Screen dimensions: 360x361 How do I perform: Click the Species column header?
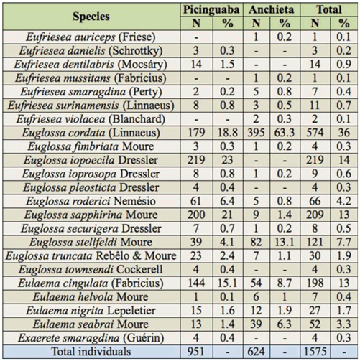click(91, 17)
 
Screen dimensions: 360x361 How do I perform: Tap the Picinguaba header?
click(211, 10)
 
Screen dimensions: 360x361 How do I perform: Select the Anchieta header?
click(272, 9)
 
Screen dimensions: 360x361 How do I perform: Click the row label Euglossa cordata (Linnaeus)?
click(91, 133)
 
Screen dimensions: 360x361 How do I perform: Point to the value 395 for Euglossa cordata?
click(256, 133)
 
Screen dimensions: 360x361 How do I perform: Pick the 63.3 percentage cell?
click(285, 133)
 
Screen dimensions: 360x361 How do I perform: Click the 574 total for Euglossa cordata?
click(315, 133)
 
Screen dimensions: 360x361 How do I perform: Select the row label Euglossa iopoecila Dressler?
click(91, 160)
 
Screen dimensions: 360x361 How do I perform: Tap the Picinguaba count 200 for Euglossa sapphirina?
click(196, 215)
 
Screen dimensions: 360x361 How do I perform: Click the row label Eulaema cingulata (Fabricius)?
click(91, 283)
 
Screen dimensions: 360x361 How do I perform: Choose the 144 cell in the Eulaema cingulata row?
click(196, 283)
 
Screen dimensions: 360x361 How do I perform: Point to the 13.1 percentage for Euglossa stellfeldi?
click(285, 242)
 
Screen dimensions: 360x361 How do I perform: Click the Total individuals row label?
click(91, 352)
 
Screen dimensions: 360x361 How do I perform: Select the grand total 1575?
click(315, 352)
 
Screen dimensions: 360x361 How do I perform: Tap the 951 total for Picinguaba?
click(196, 352)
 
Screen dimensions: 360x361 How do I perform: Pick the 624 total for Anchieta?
click(256, 352)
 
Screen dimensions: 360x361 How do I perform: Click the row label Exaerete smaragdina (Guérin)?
click(91, 338)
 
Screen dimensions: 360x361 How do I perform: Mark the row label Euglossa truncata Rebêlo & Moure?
click(91, 256)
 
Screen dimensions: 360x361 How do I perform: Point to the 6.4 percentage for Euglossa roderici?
click(228, 201)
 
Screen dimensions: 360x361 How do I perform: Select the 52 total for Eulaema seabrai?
click(315, 324)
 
